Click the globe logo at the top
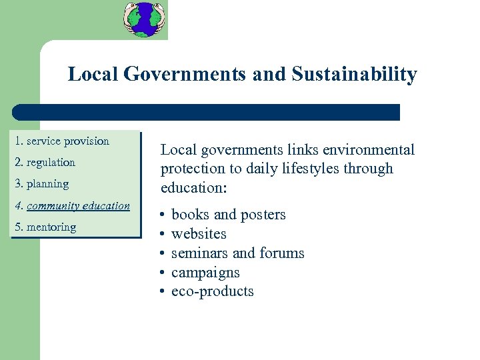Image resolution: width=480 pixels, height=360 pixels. click(144, 19)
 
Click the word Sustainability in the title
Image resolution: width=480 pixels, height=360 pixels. click(354, 74)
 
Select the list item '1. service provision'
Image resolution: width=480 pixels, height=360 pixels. click(62, 141)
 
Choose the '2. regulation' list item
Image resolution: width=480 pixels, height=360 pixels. click(45, 162)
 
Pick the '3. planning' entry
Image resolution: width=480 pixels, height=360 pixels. click(42, 183)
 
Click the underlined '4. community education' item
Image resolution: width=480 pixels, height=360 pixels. click(73, 205)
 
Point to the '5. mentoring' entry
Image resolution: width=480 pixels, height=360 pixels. click(46, 227)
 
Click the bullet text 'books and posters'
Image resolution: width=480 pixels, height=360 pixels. click(228, 215)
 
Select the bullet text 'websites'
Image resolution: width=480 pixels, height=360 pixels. click(199, 234)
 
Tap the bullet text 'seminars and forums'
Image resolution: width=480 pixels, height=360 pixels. click(237, 253)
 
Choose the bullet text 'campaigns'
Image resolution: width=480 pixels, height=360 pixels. click(205, 273)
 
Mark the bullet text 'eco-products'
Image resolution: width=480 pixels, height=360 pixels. click(212, 291)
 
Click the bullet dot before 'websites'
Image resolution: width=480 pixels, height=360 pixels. click(163, 234)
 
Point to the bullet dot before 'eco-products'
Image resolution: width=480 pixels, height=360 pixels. click(163, 291)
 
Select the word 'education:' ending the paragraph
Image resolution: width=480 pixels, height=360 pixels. click(194, 187)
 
